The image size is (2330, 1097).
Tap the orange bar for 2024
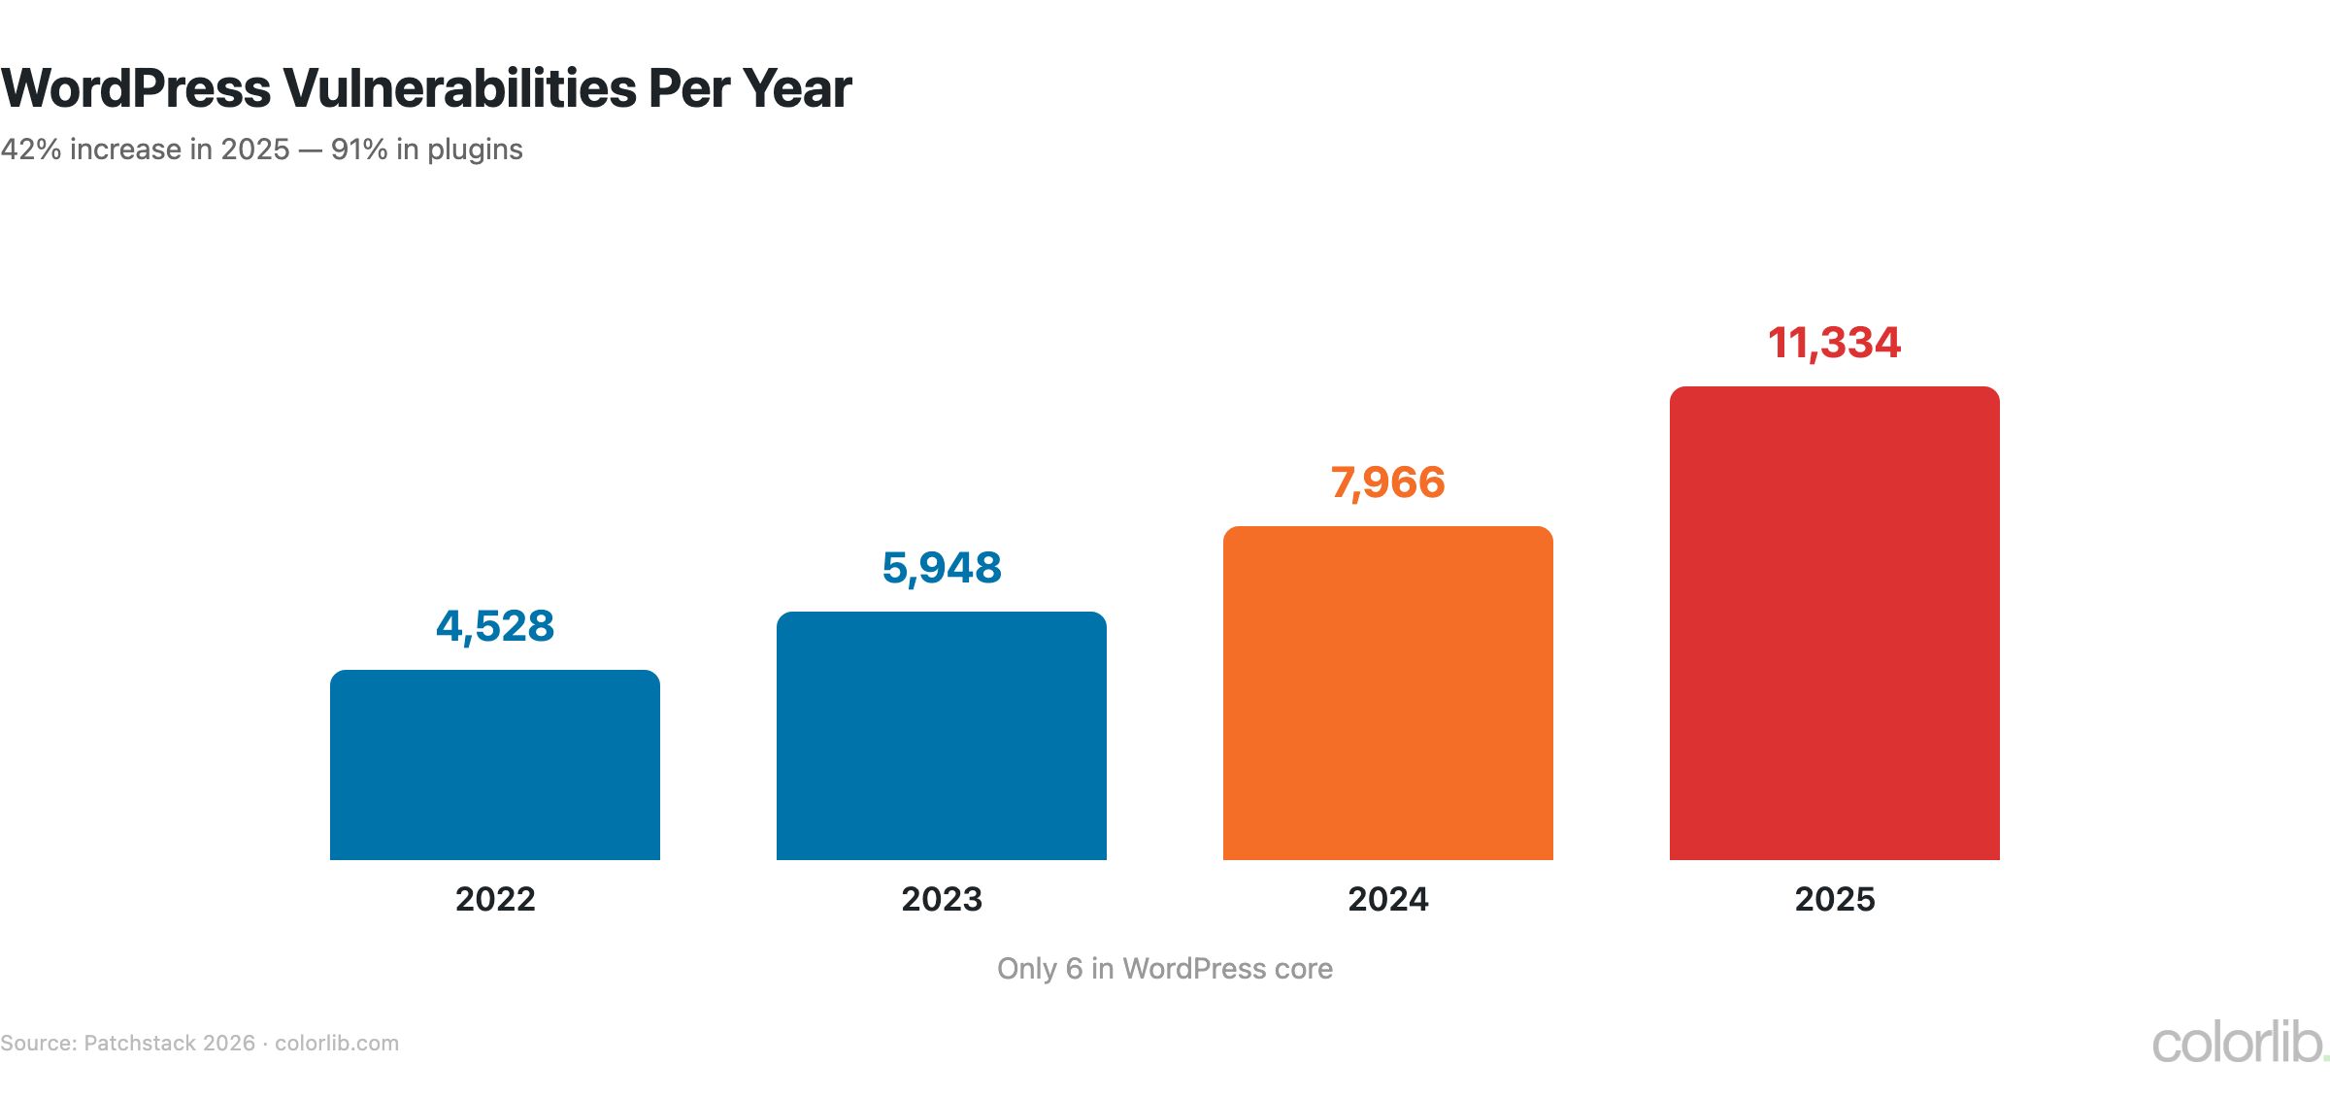point(1388,693)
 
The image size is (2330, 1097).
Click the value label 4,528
point(495,626)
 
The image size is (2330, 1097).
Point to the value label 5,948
point(942,568)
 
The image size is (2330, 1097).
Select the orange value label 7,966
point(1388,482)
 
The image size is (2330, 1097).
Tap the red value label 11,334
point(1834,343)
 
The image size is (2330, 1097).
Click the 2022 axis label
point(495,899)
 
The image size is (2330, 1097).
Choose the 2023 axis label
point(942,899)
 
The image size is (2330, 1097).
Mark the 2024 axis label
point(1388,899)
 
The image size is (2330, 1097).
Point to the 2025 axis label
point(1835,899)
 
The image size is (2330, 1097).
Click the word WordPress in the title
point(136,88)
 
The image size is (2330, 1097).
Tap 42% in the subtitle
point(31,150)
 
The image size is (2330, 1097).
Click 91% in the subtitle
point(359,150)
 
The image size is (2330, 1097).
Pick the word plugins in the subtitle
point(475,150)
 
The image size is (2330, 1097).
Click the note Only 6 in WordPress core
point(1165,969)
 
